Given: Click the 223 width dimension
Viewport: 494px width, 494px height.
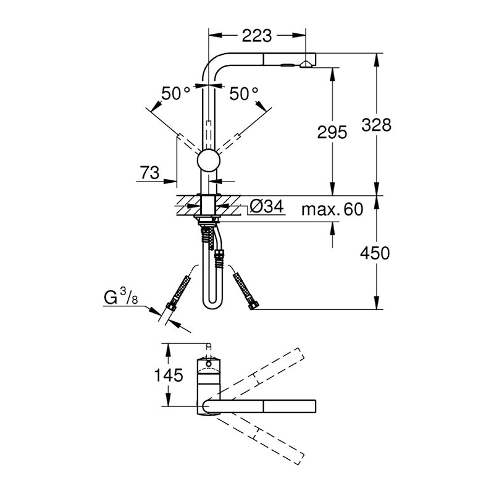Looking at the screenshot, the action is (x=256, y=36).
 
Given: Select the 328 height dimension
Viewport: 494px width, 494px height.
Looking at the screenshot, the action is (x=376, y=125).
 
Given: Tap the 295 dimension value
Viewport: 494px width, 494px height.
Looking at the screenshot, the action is (x=332, y=132).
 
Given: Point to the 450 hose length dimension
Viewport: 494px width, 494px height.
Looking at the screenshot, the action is (x=375, y=253).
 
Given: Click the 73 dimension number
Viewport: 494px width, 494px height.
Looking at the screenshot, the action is (x=149, y=172).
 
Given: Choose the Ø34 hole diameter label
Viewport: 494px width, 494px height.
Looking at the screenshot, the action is (x=267, y=207).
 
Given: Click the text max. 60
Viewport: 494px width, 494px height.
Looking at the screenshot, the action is (x=332, y=209).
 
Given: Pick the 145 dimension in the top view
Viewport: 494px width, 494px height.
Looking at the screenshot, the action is (x=169, y=375).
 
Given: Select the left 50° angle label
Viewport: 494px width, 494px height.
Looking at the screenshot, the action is (x=176, y=93).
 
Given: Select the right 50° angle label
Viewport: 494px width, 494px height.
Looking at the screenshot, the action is (x=243, y=94).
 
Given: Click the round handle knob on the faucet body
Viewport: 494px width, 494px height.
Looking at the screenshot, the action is (x=208, y=161).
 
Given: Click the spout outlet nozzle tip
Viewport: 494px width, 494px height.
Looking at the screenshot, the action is (x=306, y=65).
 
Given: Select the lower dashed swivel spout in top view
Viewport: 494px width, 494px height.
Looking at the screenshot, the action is (x=259, y=438).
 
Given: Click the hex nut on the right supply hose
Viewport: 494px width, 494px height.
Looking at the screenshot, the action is (x=254, y=305).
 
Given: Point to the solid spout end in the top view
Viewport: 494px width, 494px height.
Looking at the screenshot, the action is (x=290, y=406).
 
